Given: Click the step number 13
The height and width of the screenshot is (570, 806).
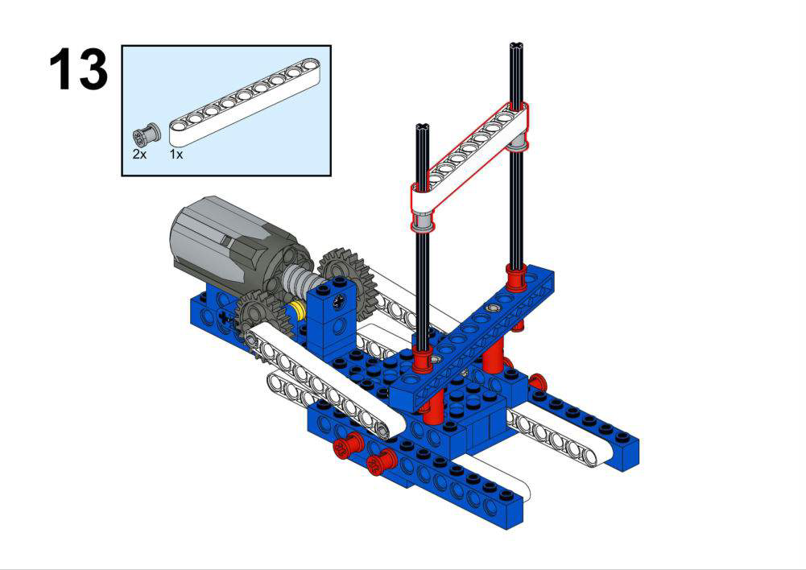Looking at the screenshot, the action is click(x=79, y=69).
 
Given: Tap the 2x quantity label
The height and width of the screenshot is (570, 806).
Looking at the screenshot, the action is click(x=139, y=155).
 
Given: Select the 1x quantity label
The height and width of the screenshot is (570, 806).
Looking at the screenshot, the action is click(x=176, y=155).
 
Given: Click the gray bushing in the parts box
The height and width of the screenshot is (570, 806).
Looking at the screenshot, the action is click(x=147, y=134).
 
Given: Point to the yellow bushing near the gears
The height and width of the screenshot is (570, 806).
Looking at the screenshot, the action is click(x=296, y=312).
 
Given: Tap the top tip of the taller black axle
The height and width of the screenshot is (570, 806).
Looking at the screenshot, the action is click(x=517, y=44).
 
